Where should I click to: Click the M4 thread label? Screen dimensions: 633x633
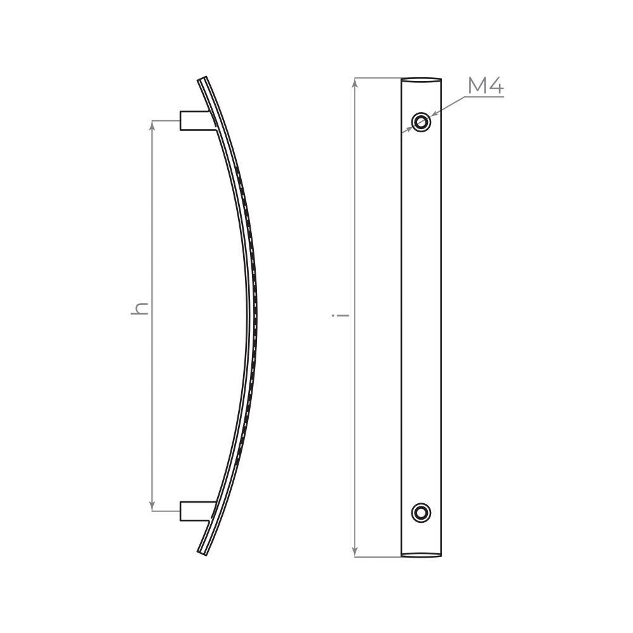point(486,85)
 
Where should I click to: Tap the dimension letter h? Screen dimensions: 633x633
point(140,308)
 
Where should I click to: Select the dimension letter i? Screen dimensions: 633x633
point(341,314)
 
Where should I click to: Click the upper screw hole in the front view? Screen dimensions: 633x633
point(421,121)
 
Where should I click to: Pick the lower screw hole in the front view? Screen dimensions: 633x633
point(421,513)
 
